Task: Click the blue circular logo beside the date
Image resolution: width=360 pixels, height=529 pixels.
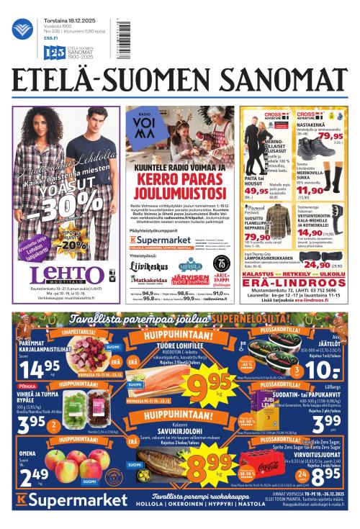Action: (x=23, y=28)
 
